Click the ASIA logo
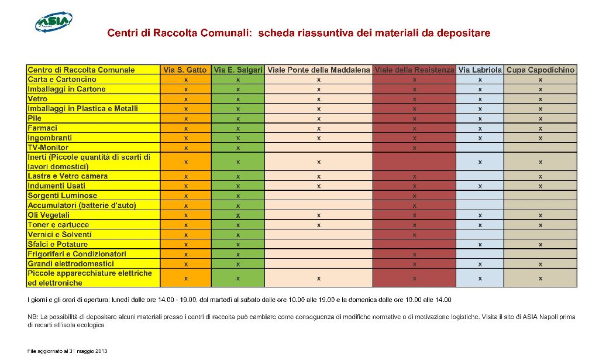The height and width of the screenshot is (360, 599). (53, 22)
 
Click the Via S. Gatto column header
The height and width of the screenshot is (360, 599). (185, 70)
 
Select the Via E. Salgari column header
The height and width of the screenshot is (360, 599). (238, 70)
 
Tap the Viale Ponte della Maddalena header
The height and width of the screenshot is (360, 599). (319, 70)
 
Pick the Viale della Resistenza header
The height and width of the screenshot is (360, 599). (414, 70)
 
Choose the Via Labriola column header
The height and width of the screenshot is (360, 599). (480, 70)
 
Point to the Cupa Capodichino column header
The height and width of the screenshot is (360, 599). (541, 70)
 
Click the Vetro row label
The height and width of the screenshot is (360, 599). (37, 99)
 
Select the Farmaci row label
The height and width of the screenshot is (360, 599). (42, 128)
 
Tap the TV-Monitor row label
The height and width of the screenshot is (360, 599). (48, 148)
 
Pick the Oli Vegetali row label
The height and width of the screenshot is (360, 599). (49, 215)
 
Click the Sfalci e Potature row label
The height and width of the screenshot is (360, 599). (57, 244)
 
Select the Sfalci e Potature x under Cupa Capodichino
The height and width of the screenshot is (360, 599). (541, 245)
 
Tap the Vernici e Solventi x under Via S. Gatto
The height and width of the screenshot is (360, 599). (185, 235)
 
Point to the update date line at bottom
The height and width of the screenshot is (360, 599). (67, 351)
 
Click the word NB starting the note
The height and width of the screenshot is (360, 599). (32, 317)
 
